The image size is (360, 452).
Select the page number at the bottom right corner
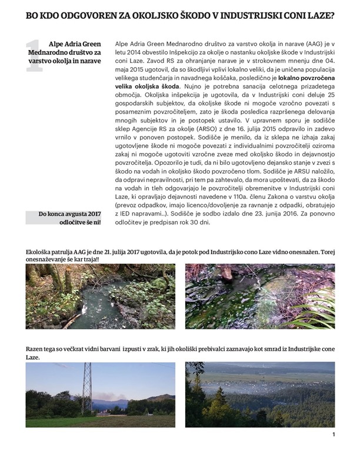pos(334,435)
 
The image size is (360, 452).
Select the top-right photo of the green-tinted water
pos(259,296)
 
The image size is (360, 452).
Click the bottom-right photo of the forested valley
pos(259,394)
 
